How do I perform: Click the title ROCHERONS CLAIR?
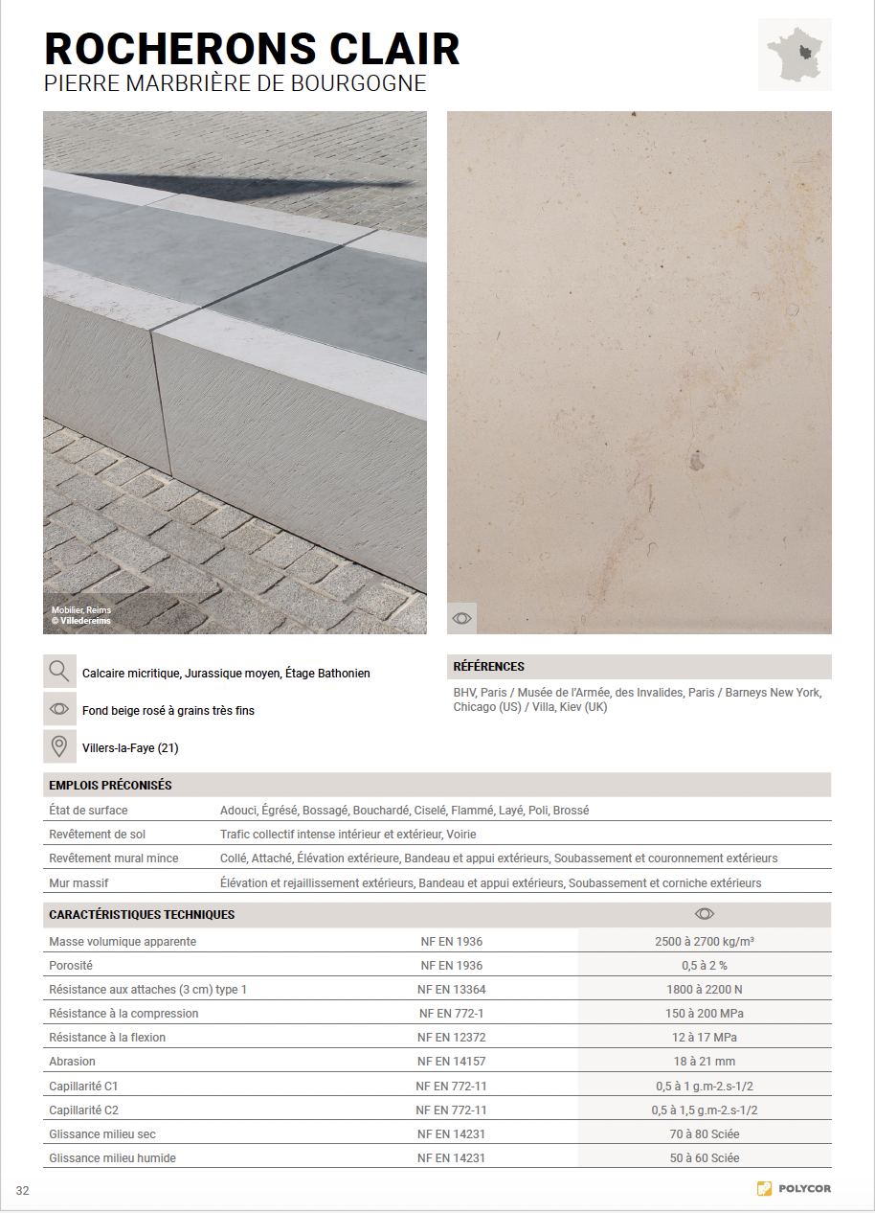[x=252, y=49]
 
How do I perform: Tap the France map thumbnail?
[x=795, y=55]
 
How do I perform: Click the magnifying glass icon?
[x=59, y=672]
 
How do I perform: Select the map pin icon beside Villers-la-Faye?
[x=59, y=746]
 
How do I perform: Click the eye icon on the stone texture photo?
[x=461, y=618]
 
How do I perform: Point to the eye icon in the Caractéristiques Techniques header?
[x=705, y=914]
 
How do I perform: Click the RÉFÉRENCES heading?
[x=488, y=667]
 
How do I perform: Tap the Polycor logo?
[x=794, y=1189]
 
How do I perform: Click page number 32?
[x=23, y=1191]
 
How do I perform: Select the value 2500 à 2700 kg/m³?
[x=705, y=942]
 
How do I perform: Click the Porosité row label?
[x=71, y=966]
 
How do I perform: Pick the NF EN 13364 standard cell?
[x=451, y=990]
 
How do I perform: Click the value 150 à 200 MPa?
[x=705, y=1014]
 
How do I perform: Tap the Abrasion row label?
[x=72, y=1062]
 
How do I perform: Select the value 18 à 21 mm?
[x=705, y=1062]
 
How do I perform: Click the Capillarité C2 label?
[x=83, y=1110]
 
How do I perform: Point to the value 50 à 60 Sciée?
[x=705, y=1158]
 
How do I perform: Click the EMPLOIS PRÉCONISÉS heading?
[x=110, y=786]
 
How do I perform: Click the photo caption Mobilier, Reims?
[x=81, y=610]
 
